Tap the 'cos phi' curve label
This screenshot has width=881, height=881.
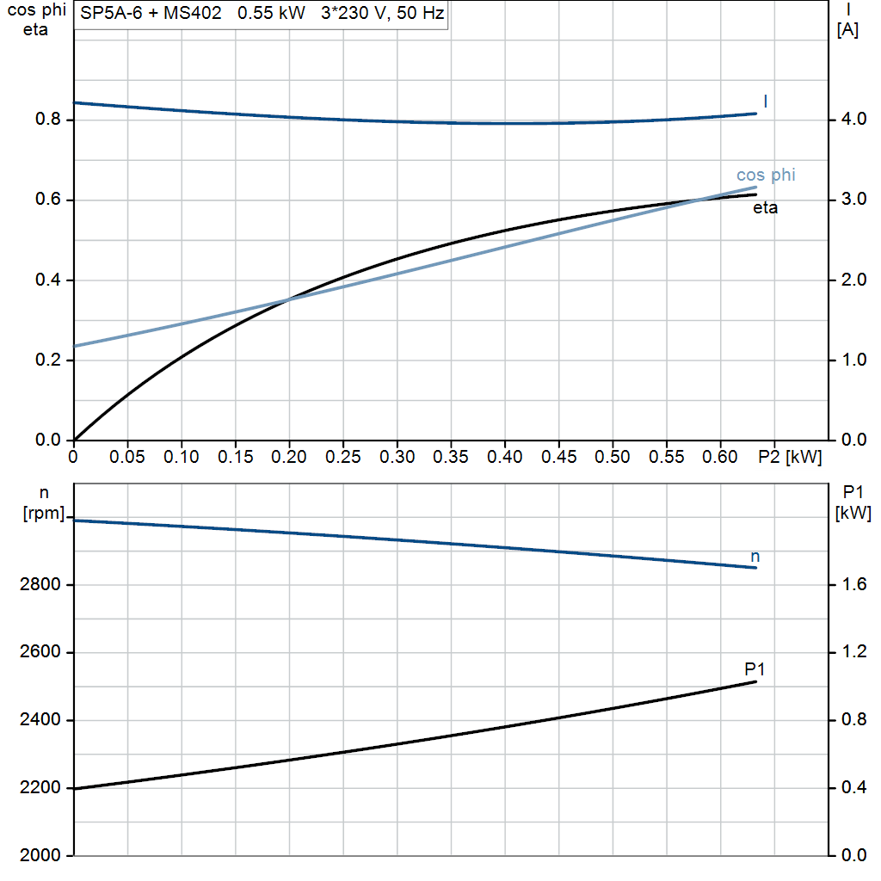766,176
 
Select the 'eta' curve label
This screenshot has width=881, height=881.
765,207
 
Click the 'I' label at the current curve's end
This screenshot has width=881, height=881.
766,102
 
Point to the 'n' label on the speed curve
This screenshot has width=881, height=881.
755,557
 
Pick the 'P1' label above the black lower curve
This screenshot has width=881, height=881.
755,668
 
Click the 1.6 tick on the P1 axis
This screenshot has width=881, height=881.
850,585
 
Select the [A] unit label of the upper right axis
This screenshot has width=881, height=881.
847,29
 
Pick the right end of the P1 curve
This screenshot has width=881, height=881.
756,681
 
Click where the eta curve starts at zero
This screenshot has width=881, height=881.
75,440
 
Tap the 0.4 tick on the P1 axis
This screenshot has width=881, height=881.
850,788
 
